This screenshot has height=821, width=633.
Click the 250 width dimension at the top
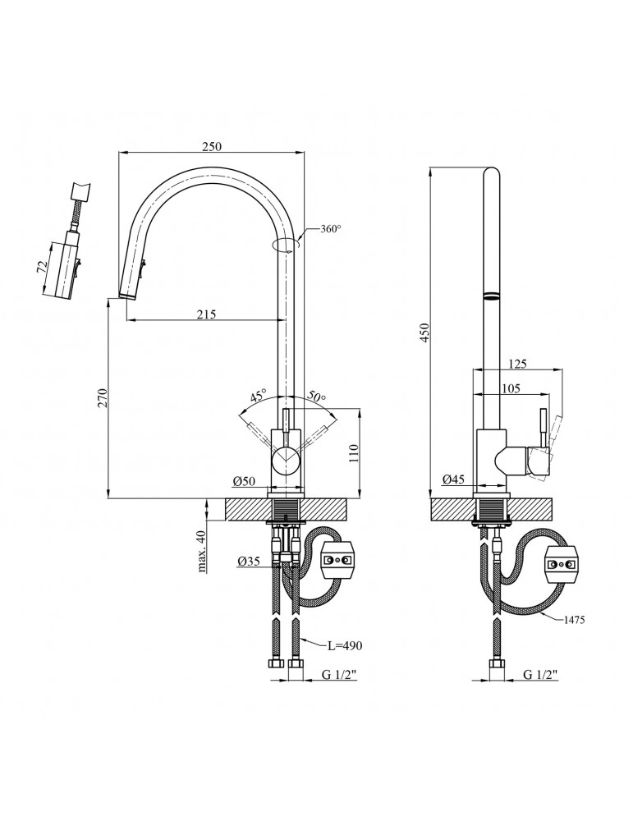(x=212, y=146)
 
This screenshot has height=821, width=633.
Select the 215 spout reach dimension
(x=206, y=314)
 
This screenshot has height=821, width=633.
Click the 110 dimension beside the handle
(x=355, y=454)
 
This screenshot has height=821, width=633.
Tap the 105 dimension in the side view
(x=511, y=389)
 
